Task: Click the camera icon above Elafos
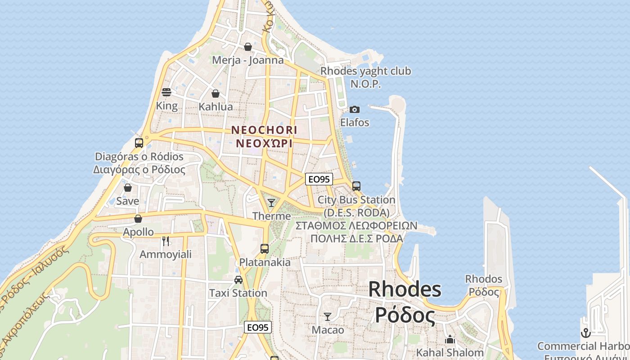click(x=355, y=109)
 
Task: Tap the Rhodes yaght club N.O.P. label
click(x=365, y=77)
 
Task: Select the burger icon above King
click(x=166, y=93)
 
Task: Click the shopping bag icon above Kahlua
click(x=216, y=94)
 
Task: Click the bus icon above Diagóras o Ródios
click(x=139, y=143)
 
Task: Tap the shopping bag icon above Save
click(x=128, y=188)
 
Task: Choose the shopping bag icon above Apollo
click(x=138, y=219)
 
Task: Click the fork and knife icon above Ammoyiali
click(x=166, y=241)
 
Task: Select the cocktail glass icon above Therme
click(x=271, y=203)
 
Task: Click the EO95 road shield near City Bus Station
click(x=319, y=179)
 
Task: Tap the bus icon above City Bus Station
click(x=356, y=186)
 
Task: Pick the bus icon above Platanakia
click(x=265, y=248)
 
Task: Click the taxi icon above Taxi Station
click(x=238, y=279)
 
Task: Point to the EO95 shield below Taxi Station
click(x=258, y=327)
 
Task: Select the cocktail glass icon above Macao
click(x=328, y=317)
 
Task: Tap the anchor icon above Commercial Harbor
click(x=585, y=333)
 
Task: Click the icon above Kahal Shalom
click(x=450, y=340)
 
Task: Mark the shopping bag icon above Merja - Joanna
click(x=248, y=47)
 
